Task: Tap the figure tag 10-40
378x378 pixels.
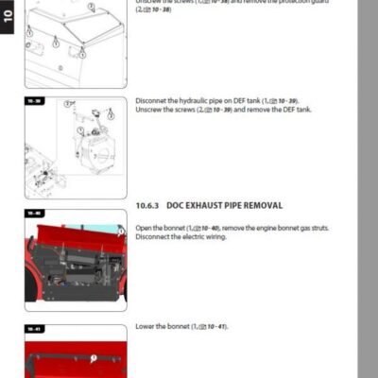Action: (33, 214)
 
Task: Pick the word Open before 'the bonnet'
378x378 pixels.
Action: (144, 228)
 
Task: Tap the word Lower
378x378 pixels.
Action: (146, 326)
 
